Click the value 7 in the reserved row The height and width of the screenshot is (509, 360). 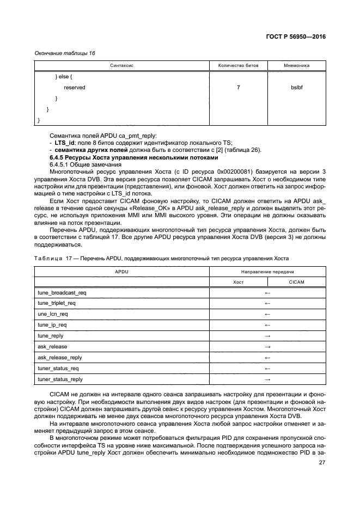(x=239, y=87)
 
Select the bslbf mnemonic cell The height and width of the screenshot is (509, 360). (x=297, y=87)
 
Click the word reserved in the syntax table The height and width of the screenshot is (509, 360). (x=75, y=87)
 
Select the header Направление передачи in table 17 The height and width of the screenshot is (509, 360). (x=267, y=271)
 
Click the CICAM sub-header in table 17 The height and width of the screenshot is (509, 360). (x=297, y=281)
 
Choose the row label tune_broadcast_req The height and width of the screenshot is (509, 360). (x=62, y=292)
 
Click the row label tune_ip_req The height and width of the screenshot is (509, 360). (x=52, y=325)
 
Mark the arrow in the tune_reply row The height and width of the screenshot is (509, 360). (x=267, y=336)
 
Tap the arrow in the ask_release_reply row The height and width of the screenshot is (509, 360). (x=267, y=358)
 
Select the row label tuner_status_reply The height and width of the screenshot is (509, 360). (x=60, y=379)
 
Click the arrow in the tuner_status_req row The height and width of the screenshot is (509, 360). (x=267, y=369)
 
